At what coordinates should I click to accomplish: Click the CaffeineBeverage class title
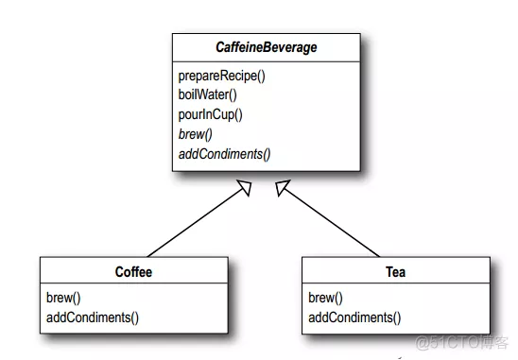[265, 47]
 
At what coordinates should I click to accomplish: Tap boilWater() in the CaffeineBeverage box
[207, 94]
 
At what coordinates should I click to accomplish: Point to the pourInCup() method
[211, 114]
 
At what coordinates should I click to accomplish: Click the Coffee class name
[133, 271]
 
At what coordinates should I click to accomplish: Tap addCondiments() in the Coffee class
[92, 317]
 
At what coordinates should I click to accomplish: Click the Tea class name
[396, 271]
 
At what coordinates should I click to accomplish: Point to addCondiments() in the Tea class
[354, 317]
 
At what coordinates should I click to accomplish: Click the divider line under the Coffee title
[133, 284]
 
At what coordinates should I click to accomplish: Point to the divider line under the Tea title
[396, 284]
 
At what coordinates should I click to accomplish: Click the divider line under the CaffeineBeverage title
[265, 61]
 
